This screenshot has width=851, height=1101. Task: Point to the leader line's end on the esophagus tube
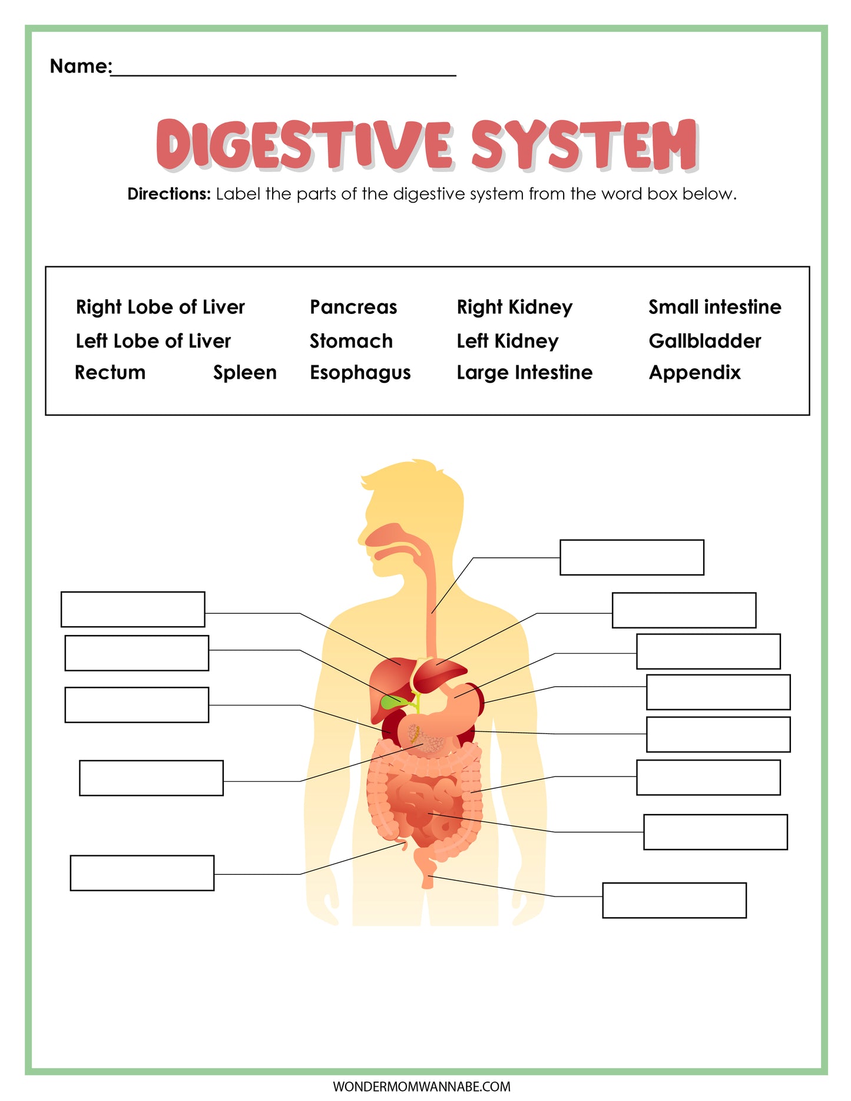point(432,613)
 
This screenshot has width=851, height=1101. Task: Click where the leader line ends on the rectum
point(429,877)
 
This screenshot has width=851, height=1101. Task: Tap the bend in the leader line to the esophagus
point(473,558)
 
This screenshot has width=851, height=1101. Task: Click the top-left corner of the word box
point(46,267)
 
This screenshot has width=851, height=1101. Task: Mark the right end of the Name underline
point(456,75)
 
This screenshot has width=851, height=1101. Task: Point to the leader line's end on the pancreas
point(423,744)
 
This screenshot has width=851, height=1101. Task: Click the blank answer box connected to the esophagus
point(632,557)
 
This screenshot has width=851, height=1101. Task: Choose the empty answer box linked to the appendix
point(142,873)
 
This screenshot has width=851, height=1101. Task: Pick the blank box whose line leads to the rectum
point(674,900)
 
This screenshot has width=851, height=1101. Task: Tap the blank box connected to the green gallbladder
point(137,653)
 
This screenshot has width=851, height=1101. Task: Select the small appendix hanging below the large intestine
point(403,845)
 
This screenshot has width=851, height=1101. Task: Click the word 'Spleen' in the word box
point(245,373)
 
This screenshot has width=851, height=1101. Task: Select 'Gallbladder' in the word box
point(705,341)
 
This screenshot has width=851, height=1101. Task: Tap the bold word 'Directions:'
point(169,194)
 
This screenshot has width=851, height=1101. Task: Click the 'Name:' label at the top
point(81,66)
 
